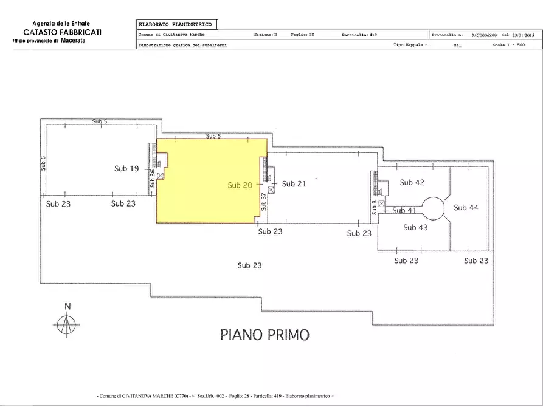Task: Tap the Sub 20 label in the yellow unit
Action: point(240,185)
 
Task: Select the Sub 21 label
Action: point(294,183)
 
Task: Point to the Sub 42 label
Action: point(412,182)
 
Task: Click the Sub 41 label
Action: point(404,210)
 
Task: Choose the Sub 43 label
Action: point(416,227)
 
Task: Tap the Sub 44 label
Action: point(466,208)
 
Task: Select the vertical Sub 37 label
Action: point(263,201)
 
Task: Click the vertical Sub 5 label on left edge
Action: point(43,163)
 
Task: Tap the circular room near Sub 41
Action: point(435,207)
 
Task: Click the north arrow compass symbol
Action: point(66,323)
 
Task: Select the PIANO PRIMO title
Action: point(265,334)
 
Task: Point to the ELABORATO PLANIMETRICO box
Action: point(176,24)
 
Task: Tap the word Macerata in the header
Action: point(74,40)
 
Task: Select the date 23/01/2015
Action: point(524,35)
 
